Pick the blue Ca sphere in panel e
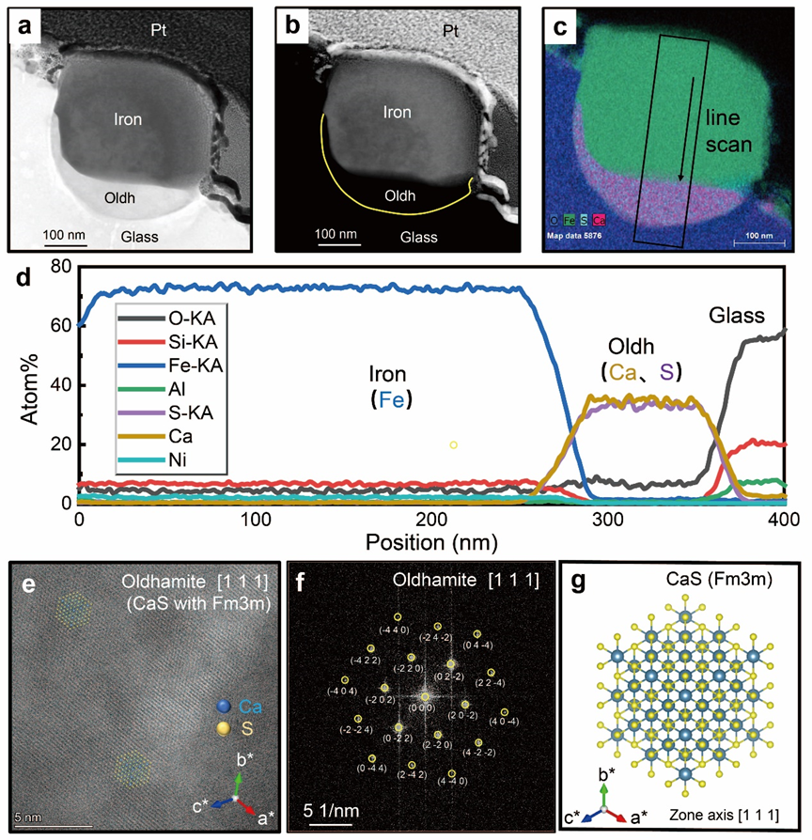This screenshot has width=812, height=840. point(223,706)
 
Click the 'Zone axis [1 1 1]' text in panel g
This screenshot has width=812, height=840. point(723,809)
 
